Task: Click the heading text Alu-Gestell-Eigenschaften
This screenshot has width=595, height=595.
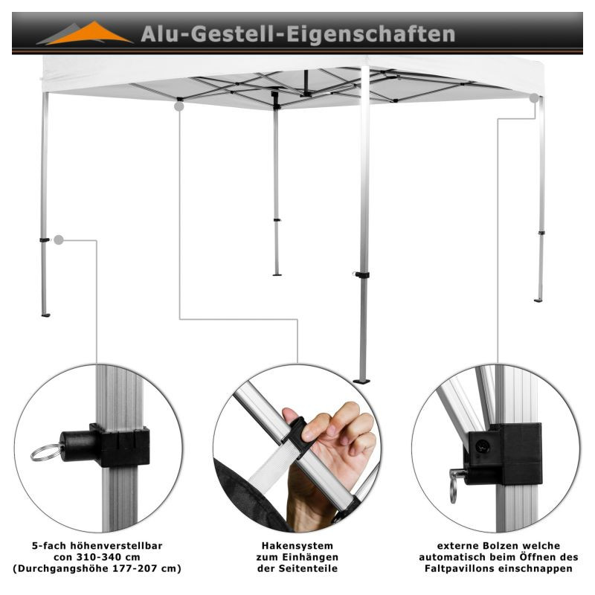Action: [298, 34]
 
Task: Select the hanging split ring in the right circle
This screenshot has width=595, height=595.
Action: [453, 491]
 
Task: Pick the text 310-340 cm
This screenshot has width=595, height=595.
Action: [108, 557]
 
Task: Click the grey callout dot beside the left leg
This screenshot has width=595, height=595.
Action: [59, 239]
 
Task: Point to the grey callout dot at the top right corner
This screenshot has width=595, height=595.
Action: [534, 98]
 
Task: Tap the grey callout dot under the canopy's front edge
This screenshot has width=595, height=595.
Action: [179, 106]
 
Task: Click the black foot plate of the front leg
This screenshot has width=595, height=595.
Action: [361, 381]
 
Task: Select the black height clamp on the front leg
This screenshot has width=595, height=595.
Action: [361, 274]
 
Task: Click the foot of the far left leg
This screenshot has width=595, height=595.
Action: [45, 315]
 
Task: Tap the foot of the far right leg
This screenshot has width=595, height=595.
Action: [538, 300]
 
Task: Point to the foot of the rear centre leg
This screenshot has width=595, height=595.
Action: [277, 274]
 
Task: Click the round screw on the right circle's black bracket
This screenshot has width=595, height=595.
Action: [482, 447]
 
